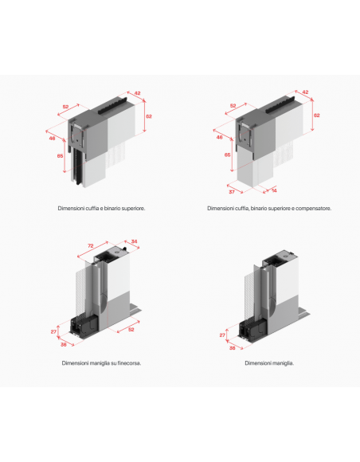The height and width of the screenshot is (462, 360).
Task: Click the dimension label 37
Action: point(232,192)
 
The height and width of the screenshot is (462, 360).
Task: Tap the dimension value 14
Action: point(274,190)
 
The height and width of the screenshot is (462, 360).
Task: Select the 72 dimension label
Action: point(91,245)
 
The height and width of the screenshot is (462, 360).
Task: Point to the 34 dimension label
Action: point(134,241)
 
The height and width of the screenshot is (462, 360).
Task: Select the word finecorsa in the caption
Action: point(129,363)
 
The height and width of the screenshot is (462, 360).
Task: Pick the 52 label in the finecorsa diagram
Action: point(131,330)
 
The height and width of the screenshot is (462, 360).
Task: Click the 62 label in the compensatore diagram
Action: point(317,115)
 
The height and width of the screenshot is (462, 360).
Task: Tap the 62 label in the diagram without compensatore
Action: point(149,116)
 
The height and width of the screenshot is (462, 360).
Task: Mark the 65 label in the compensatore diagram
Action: point(228,155)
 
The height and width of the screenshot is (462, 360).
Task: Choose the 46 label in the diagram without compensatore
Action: point(52,138)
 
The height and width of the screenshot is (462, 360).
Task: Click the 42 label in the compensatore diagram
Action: point(305,92)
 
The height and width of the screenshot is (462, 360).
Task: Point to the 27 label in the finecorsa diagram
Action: point(53,332)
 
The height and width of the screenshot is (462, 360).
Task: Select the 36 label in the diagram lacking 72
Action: point(232,348)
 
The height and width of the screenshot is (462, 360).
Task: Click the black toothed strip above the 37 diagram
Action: point(280,104)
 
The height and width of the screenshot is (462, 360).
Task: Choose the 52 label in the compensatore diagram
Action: point(233,105)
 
